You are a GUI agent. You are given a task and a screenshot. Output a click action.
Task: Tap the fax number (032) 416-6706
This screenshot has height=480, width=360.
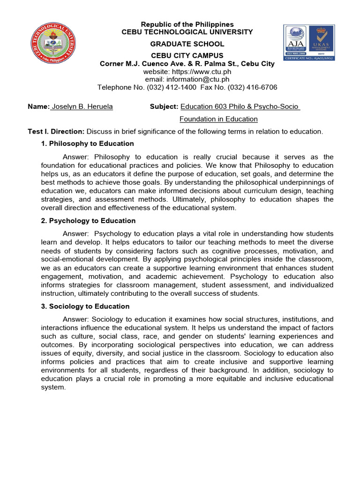coord(251,88)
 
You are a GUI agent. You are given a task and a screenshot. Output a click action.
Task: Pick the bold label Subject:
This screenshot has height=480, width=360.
coord(164,107)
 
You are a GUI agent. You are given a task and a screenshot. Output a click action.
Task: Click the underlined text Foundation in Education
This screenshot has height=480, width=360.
coord(219,119)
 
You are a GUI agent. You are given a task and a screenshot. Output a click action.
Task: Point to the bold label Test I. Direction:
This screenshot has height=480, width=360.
coord(56,132)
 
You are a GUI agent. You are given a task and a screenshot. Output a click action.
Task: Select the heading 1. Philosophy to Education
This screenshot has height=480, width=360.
coord(88,144)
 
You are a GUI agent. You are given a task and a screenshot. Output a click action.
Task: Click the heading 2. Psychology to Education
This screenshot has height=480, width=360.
coord(89,221)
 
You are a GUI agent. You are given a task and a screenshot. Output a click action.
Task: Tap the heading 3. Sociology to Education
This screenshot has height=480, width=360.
coord(85,307)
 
